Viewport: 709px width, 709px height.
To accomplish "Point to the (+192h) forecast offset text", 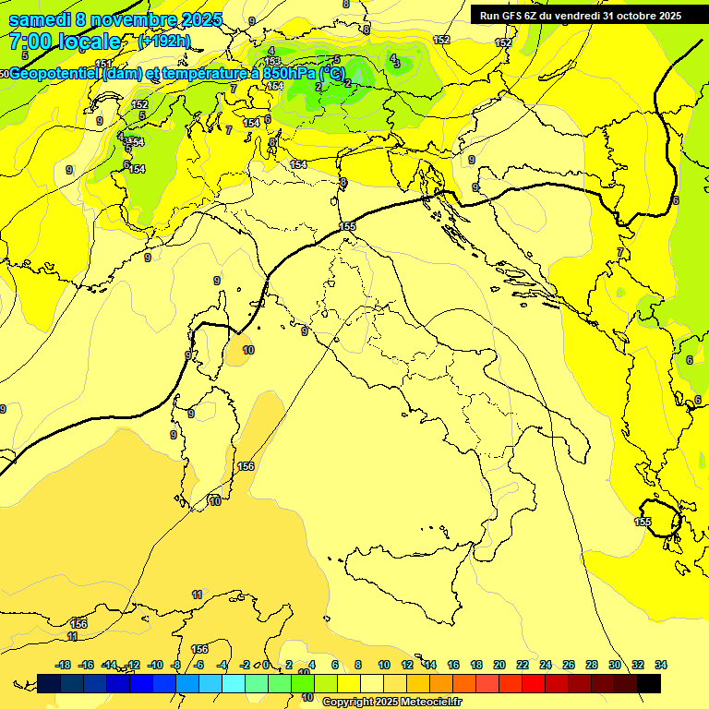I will point(164,42).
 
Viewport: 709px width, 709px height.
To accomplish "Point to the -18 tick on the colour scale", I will point(63,665).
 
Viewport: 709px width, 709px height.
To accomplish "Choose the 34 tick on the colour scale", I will point(661,665).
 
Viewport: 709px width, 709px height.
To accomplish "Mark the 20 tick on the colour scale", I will point(499,665).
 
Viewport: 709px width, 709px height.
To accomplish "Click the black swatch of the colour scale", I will point(649,683).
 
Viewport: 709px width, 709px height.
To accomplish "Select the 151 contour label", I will point(103,64).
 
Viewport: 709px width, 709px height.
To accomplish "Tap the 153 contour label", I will point(272,62).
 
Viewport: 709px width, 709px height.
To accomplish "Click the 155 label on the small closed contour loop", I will point(643,523).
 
